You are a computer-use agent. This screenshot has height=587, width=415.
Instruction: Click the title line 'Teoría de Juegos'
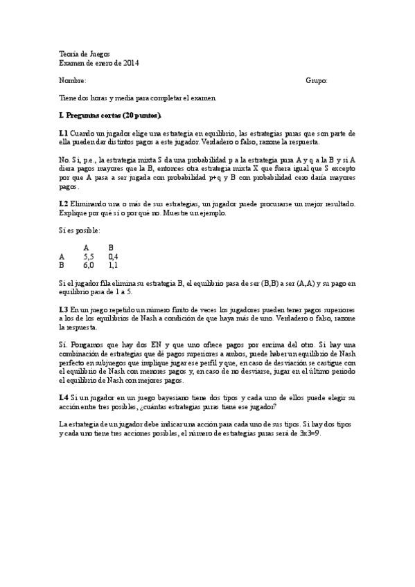tap(84, 54)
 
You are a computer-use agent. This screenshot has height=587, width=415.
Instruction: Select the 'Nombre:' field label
tap(73, 81)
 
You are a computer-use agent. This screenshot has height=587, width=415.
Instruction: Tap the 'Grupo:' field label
tap(317, 81)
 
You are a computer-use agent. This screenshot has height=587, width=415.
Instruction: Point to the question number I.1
tap(64, 132)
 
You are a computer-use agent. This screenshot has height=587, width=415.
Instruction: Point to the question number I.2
tap(64, 204)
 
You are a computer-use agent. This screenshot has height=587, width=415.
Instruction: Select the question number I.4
tap(64, 398)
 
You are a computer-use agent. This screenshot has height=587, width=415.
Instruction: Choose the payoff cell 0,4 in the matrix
tap(113, 255)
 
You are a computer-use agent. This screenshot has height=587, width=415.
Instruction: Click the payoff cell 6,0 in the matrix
tap(89, 264)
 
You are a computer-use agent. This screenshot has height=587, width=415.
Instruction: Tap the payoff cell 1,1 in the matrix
tap(113, 264)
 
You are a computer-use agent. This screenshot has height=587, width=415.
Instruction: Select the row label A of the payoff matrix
tap(62, 255)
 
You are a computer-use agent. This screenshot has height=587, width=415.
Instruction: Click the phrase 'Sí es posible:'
tap(80, 230)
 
